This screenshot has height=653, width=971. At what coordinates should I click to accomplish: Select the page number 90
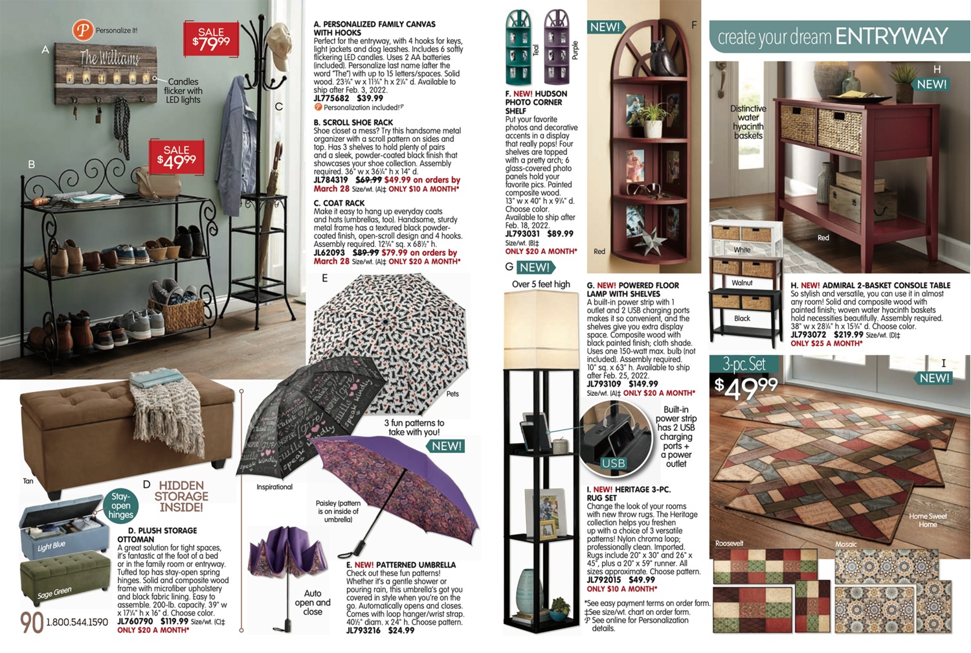[x=31, y=623]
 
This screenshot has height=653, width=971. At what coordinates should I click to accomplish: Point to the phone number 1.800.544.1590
[x=77, y=623]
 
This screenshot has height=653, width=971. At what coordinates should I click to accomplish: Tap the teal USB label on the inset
[x=613, y=463]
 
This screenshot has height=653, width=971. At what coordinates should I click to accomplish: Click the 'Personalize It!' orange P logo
[x=82, y=30]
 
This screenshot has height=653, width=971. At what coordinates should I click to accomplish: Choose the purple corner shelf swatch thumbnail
[x=557, y=47]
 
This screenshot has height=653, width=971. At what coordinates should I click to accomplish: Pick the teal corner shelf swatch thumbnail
[x=519, y=47]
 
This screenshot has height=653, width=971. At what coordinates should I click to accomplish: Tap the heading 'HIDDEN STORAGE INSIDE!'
[x=181, y=496]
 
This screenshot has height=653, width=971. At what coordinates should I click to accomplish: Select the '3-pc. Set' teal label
[x=744, y=364]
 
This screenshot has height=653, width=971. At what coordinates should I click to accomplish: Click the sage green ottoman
[x=65, y=575]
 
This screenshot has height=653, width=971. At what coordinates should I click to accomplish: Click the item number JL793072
[x=808, y=335]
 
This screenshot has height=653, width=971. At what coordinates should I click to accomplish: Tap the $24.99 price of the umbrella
[x=401, y=630]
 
